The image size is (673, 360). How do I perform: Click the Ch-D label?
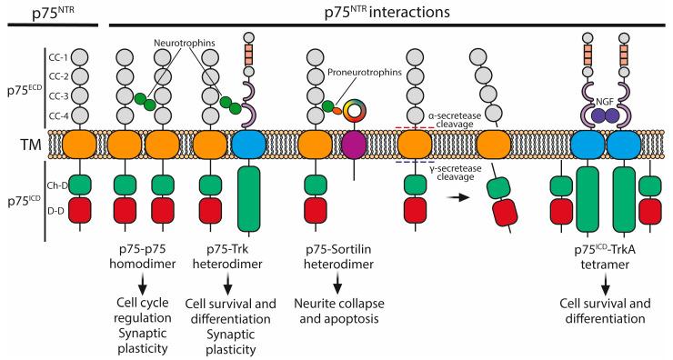(x=57, y=184)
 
